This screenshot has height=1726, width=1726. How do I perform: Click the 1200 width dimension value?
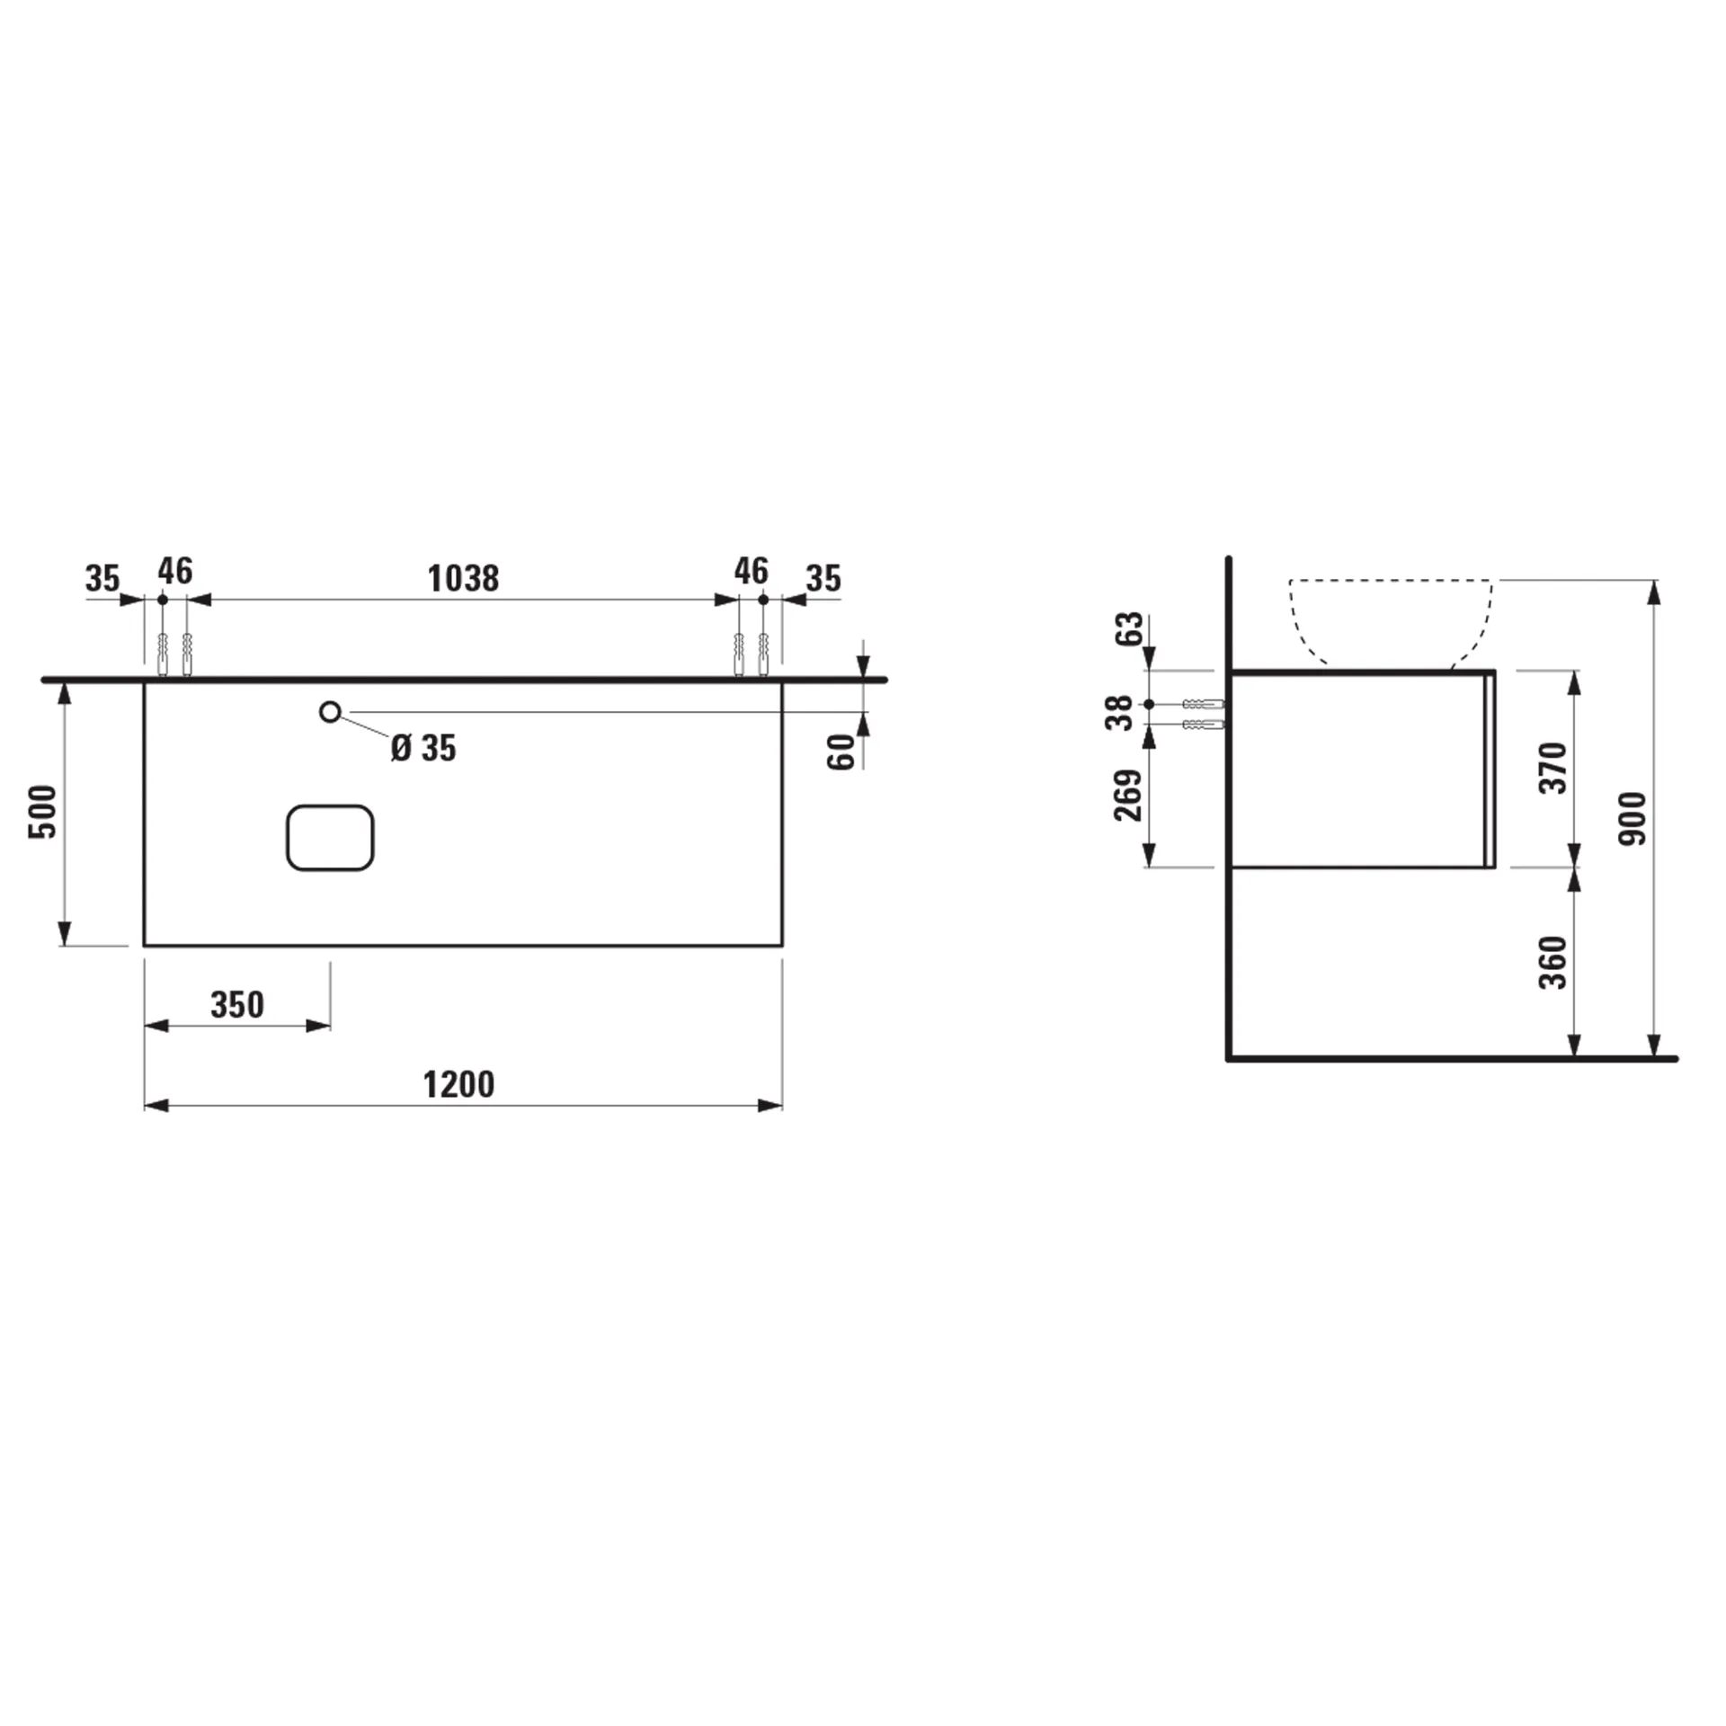tap(458, 1084)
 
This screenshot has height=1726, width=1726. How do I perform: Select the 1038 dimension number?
tap(463, 578)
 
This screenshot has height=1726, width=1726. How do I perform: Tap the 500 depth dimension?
tap(43, 812)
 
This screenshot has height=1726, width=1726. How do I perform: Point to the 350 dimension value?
tap(237, 1004)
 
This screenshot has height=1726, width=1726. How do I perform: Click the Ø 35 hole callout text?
tap(423, 748)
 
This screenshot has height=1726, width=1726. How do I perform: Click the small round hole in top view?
tap(330, 712)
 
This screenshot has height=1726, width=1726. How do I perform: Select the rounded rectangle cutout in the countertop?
tap(330, 838)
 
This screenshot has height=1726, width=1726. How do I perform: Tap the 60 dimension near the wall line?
tap(841, 752)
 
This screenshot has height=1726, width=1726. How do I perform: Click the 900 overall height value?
tap(1633, 818)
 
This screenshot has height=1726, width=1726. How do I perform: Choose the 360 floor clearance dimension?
tap(1553, 962)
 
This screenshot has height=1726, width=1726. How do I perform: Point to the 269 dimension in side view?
tap(1127, 795)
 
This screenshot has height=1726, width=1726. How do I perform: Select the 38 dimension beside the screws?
tap(1120, 713)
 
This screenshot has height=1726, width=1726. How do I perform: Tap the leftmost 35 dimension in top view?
tap(102, 578)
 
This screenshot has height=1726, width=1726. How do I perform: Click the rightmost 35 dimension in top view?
tap(823, 578)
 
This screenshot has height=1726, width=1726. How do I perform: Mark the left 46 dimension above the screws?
tap(175, 571)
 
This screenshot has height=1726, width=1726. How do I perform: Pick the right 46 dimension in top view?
tap(752, 571)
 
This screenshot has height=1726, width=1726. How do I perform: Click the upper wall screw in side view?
tap(1203, 704)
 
